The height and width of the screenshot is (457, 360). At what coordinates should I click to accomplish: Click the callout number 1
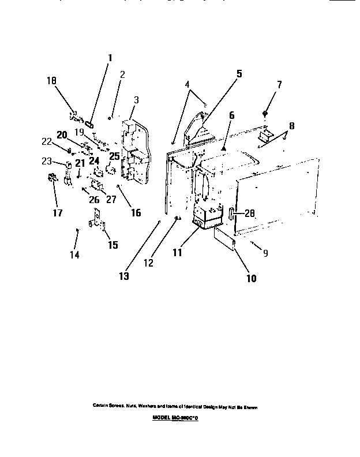[x=110, y=58]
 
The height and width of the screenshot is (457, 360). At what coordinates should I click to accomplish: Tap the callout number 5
[x=239, y=73]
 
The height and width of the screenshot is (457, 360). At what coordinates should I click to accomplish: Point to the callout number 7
[x=279, y=84]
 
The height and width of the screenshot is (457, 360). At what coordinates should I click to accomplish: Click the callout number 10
[x=251, y=278]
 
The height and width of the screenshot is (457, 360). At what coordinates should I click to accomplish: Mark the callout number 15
[x=112, y=245]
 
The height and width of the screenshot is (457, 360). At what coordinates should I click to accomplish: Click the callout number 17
[x=58, y=212]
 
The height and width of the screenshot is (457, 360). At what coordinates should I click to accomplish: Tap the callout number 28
[x=249, y=213]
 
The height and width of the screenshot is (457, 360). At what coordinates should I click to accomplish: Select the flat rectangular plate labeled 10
[x=226, y=239]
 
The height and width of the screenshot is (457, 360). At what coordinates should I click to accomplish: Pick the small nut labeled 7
[x=265, y=113]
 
